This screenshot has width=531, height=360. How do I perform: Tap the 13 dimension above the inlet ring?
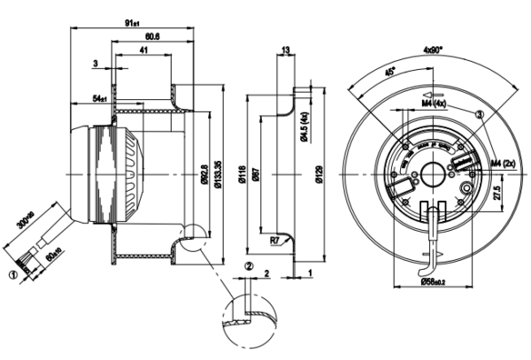click(x=285, y=50)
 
